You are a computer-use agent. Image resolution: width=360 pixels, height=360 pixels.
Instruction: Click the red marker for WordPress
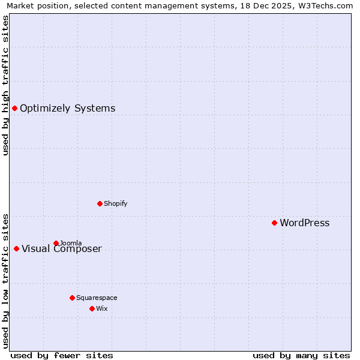pos(274,223)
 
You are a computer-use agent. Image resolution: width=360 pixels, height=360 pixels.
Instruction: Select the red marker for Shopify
pos(100,203)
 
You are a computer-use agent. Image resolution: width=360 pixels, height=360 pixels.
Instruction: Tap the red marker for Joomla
pos(56,243)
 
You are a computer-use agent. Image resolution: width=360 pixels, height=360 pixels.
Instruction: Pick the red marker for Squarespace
pos(72,298)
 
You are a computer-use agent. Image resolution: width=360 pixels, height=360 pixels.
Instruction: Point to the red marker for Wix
pos(92,308)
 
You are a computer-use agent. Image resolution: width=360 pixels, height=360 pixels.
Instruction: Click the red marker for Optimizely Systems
pos(14,108)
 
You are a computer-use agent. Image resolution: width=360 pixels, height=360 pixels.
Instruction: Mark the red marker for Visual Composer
pos(16,248)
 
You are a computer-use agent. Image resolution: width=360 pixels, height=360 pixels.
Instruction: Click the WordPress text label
pos(304,223)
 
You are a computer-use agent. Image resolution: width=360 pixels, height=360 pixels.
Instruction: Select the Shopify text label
pos(115,203)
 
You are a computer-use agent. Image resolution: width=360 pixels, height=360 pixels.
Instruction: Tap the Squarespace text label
pos(97,298)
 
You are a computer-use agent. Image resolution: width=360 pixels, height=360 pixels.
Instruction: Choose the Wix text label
pos(101,308)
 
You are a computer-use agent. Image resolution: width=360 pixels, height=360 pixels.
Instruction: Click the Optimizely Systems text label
pos(67,109)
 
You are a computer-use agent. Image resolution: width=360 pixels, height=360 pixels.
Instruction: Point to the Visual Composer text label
pos(62,249)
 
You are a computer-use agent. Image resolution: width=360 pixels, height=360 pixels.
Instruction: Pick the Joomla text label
pos(71,243)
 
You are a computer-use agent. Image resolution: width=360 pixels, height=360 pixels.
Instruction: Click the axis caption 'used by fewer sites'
pos(62,355)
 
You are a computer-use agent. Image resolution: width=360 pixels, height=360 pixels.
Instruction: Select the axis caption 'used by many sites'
pos(301,355)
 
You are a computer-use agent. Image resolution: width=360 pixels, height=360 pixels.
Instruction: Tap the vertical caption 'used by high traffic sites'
pos(5,85)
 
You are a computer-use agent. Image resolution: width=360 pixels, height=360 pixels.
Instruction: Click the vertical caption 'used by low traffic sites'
pos(5,280)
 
